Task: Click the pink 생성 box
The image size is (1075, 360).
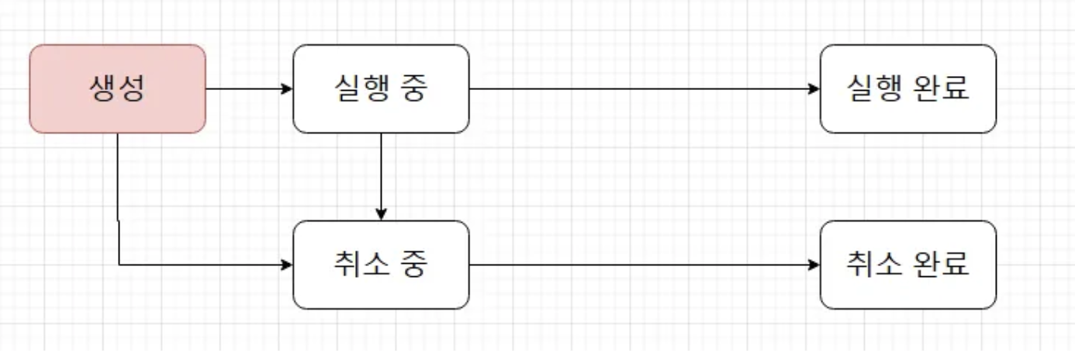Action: [x=117, y=88]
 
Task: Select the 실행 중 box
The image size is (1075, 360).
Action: [x=381, y=88]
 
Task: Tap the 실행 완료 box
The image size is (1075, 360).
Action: [x=907, y=88]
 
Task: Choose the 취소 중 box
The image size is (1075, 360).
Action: [x=381, y=265]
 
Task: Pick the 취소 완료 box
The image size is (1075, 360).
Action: [x=907, y=265]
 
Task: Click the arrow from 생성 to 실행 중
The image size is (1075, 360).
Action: [x=248, y=88]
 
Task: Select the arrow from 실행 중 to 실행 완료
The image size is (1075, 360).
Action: [x=644, y=88]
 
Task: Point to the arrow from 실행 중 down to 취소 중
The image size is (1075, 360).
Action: [x=381, y=175]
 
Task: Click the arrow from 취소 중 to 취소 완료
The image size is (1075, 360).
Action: [x=644, y=265]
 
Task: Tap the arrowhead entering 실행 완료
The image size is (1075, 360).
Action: [x=814, y=88]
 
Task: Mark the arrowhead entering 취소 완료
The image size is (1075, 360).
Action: [x=814, y=265]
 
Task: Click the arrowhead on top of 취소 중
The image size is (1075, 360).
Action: [x=381, y=214]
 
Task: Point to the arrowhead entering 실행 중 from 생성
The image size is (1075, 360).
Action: [x=287, y=88]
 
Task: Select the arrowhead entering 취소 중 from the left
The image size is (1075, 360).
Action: [x=287, y=265]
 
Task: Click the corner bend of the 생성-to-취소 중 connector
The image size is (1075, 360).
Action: [x=119, y=265]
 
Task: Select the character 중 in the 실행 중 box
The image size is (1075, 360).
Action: [x=413, y=88]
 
